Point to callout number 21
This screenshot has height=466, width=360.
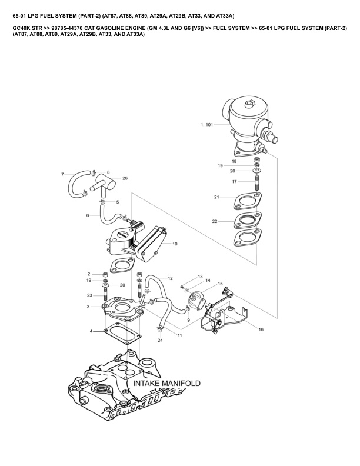216,197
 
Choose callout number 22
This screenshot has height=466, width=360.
215,221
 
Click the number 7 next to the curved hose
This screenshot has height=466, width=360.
62,174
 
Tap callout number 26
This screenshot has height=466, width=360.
125,178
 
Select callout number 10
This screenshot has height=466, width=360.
175,243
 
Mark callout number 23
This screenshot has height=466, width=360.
89,295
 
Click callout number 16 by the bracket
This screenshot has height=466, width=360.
261,329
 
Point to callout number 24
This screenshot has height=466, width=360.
160,341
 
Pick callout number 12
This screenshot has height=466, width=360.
170,278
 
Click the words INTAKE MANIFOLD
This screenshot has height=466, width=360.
167,384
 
